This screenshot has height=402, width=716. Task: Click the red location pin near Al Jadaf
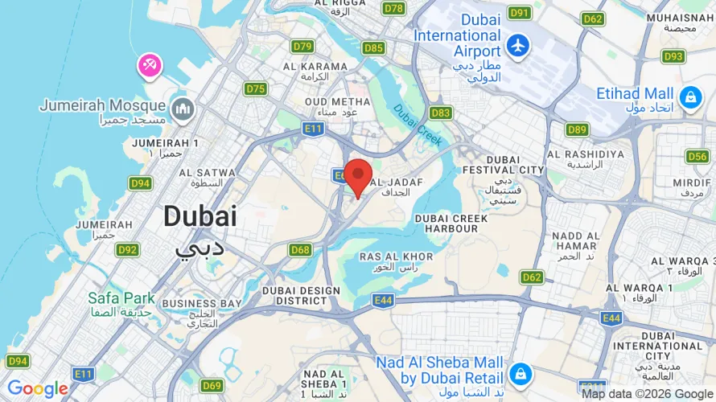(x=358, y=176)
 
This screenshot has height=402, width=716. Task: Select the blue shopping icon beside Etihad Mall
(x=689, y=98)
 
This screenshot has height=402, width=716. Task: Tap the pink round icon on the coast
(x=150, y=66)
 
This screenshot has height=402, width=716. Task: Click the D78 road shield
(x=394, y=8)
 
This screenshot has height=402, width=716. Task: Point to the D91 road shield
(x=521, y=13)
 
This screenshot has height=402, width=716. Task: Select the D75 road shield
(x=256, y=88)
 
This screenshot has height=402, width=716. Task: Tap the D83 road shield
(x=441, y=113)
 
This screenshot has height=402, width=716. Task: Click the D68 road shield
(x=300, y=250)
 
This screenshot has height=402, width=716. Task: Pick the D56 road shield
(x=698, y=156)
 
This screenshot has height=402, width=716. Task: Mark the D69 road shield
(x=212, y=386)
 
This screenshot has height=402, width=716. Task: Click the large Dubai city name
(x=200, y=215)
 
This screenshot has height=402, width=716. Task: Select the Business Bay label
(x=201, y=303)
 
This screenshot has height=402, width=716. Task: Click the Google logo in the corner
(x=38, y=389)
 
